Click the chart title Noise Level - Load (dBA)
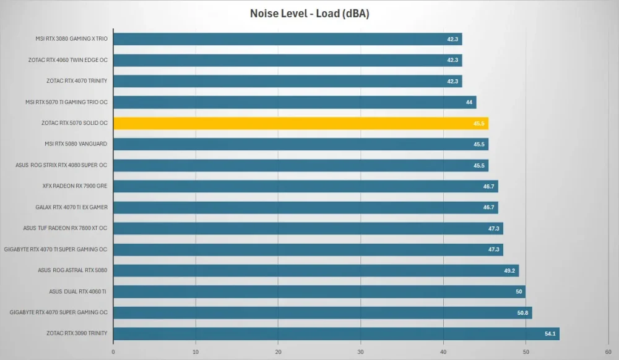309,14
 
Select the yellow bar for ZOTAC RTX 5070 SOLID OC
301,124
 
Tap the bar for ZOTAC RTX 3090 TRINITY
336,333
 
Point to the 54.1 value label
550,333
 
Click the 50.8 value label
522,313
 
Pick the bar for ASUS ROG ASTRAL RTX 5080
316,270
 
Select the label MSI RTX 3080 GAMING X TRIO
71,38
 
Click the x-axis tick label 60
608,352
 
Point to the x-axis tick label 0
113,352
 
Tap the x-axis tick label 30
360,352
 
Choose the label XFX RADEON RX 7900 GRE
75,186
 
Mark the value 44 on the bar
469,102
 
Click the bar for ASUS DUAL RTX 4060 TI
319,292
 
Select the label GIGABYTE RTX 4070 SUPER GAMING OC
58,312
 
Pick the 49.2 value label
509,270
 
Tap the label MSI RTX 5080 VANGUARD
76,144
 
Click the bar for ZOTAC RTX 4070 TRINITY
288,81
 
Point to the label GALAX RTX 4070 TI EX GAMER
71,207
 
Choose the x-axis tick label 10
196,352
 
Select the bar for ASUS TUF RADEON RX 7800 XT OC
308,228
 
